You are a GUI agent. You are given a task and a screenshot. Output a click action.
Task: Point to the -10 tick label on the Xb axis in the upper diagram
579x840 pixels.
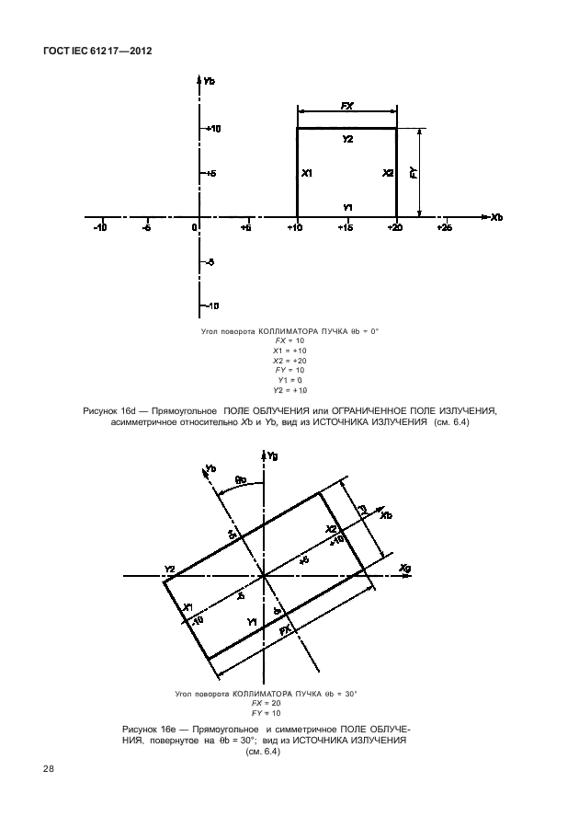coord(98,227)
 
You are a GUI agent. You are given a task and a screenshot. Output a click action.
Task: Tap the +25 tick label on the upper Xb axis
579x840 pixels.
coord(445,227)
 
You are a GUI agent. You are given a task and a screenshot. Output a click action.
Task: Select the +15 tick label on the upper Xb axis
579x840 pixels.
coord(346,227)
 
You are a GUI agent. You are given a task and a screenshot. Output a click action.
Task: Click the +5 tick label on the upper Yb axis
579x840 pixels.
coord(210,174)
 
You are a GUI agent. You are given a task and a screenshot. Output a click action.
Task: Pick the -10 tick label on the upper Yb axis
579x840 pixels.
coord(210,305)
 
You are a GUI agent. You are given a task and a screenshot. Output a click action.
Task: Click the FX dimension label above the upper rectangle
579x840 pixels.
coord(347,107)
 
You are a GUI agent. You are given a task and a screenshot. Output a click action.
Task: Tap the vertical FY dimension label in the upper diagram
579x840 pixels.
coord(414,172)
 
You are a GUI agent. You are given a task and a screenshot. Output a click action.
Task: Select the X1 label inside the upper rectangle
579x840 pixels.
coord(307,173)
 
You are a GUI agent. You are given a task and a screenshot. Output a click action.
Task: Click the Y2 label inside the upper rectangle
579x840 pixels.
coord(347,139)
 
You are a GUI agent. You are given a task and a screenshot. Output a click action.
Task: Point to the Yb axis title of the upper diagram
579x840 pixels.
coord(210,82)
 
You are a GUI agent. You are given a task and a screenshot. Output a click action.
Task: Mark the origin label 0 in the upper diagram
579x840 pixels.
coord(195,227)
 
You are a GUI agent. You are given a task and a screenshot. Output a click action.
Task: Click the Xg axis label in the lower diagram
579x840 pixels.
coord(406,570)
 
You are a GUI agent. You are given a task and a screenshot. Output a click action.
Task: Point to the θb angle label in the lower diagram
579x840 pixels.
coord(241,479)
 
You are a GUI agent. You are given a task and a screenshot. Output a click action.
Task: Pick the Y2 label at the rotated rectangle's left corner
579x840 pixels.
coord(169,570)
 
